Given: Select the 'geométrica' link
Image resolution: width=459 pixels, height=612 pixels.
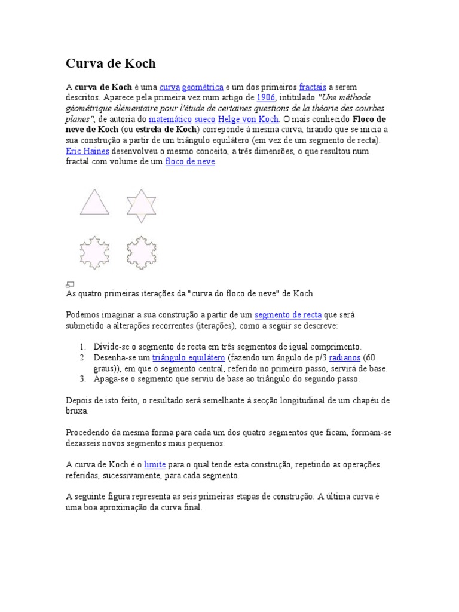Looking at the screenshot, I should [203, 87].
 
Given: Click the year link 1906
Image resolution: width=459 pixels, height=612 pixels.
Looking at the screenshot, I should [265, 97].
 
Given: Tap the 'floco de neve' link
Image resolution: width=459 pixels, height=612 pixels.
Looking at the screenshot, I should [189, 162].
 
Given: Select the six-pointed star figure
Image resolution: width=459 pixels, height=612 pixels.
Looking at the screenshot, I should [141, 204].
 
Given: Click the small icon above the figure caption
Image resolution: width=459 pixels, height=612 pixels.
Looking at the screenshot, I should [69, 284].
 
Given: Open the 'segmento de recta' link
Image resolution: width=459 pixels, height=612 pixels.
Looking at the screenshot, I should [288, 315].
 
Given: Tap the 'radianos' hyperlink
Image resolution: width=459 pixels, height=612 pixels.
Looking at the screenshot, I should [347, 357].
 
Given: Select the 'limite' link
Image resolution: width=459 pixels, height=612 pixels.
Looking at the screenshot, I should [154, 464].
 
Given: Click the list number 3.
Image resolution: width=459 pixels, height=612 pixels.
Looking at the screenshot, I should [82, 379].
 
